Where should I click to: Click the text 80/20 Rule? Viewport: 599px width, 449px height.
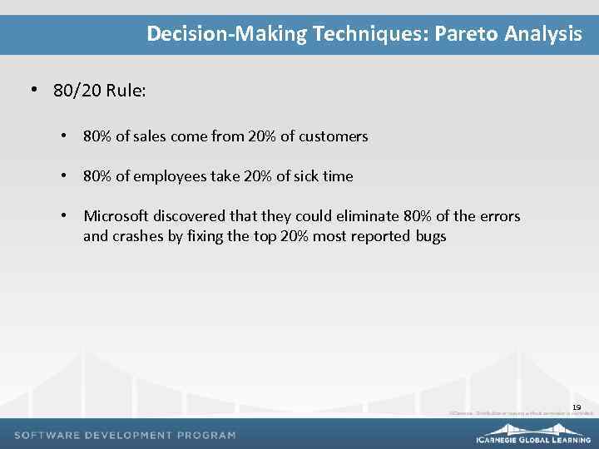pos(100,91)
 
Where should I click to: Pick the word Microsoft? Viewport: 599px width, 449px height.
pos(117,216)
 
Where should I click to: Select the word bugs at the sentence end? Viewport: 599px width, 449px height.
pos(430,236)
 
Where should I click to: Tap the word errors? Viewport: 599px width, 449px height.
pos(500,216)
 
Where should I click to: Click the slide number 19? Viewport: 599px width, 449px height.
pos(577,407)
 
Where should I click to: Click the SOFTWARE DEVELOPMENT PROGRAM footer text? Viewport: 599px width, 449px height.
pos(126,435)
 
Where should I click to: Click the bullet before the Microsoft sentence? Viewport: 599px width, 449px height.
pos(63,216)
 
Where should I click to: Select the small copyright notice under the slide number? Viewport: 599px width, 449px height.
pos(521,413)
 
